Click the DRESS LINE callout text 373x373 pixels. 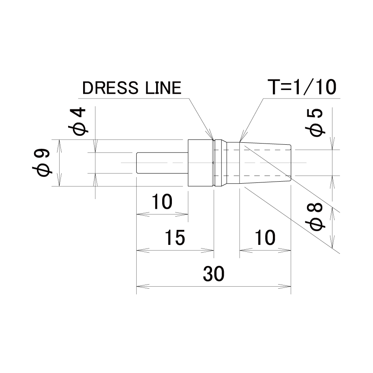coord(131,88)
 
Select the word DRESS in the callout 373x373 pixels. coord(110,88)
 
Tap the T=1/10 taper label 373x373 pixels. coord(302,87)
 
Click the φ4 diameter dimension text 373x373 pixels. coord(77,121)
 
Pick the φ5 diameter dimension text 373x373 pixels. coord(314,122)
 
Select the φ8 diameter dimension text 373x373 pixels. coord(314,217)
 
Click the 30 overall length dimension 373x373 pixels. coord(213,274)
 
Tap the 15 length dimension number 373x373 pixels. coord(175,238)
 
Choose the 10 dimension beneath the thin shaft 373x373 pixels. coord(162,202)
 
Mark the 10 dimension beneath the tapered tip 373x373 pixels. coord(265,238)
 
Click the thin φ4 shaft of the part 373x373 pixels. coord(162,163)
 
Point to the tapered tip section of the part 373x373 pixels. coord(265,163)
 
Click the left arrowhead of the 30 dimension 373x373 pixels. coord(143,286)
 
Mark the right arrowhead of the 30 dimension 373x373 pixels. coord(285,286)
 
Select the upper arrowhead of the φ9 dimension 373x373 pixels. coord(59,146)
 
